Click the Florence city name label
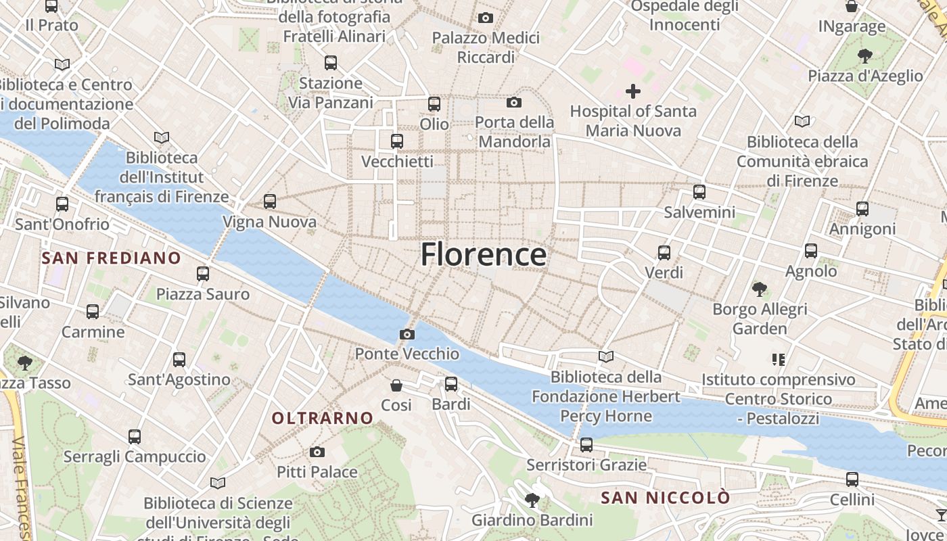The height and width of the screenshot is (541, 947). tap(483, 254)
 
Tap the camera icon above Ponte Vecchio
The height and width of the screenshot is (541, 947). tap(407, 334)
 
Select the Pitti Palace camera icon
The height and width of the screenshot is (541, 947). tap(317, 452)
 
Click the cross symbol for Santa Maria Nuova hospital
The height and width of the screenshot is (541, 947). tap(633, 91)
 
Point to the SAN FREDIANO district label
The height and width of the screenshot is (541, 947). tap(111, 258)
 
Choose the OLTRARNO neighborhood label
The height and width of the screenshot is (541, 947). tap(323, 418)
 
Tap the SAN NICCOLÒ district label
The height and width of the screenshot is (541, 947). tap(666, 498)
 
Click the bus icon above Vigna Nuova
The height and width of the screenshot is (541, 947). tap(270, 201)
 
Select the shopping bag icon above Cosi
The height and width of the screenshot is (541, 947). tap(396, 385)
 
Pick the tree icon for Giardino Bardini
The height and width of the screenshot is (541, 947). tap(532, 500)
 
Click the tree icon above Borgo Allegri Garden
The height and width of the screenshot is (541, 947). tap(759, 289)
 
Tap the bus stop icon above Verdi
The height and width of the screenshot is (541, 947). tap(664, 253)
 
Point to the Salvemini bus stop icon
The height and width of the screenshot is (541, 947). tap(699, 192)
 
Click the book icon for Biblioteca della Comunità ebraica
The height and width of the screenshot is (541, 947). tap(802, 122)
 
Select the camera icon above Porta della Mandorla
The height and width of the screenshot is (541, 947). tap(514, 103)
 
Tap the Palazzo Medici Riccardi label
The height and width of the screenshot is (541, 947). tap(486, 47)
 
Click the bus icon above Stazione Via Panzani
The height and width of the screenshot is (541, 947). tap(331, 63)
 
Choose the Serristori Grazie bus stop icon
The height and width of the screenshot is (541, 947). tap(586, 445)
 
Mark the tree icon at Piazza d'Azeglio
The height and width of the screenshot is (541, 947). tap(864, 55)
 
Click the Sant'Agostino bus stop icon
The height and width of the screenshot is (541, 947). tap(179, 360)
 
